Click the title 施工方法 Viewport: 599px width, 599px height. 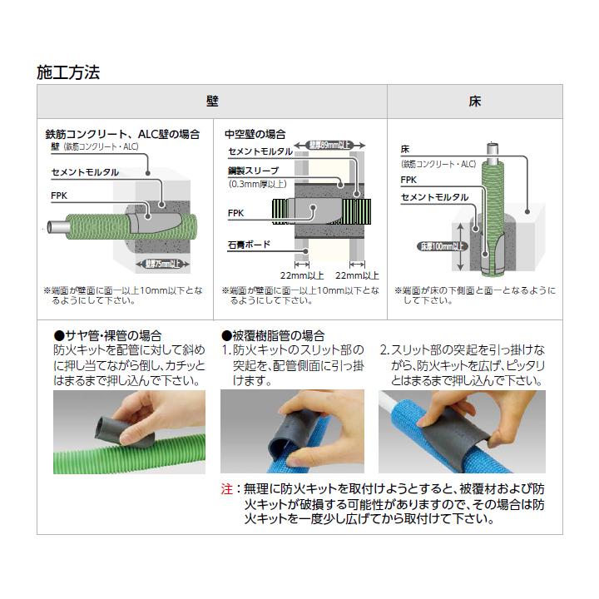[68, 72]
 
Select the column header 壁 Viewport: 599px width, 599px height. [212, 101]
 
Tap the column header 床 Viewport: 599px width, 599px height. [475, 101]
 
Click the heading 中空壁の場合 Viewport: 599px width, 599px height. [255, 133]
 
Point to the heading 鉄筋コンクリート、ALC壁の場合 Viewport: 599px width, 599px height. [121, 133]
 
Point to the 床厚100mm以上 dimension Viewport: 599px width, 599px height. [438, 247]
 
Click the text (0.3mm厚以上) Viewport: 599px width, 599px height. [258, 183]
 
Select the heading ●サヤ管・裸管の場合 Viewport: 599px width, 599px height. [107, 335]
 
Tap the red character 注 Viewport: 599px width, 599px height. [226, 489]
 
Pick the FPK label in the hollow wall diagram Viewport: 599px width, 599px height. [235, 212]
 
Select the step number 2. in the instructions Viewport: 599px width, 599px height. [385, 350]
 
